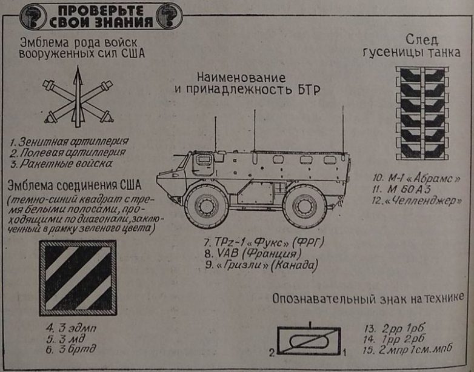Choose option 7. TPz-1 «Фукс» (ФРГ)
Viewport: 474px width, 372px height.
265,243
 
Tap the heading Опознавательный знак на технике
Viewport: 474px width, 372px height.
369,299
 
